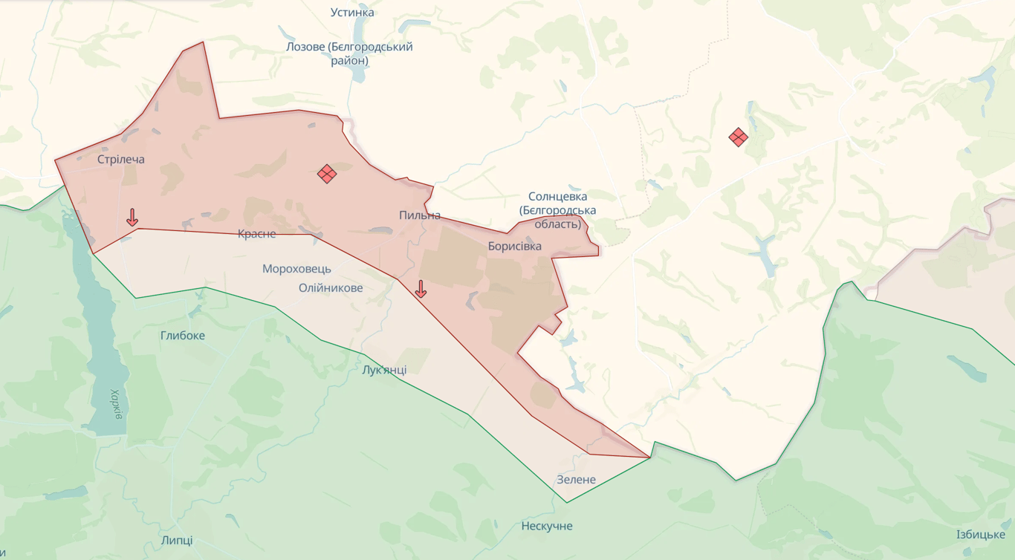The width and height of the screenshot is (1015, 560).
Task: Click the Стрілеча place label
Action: coord(121,160)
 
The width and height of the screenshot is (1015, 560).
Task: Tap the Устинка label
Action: coord(352,13)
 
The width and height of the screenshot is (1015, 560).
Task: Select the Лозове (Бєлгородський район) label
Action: coord(349,53)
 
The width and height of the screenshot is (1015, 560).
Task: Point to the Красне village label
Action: coord(257,234)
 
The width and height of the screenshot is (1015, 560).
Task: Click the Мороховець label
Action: coord(296,269)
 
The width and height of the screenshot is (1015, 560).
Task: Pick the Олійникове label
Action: coord(331,287)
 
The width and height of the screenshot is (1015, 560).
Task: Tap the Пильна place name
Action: coord(420,215)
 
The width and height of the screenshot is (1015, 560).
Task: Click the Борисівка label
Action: coord(515,246)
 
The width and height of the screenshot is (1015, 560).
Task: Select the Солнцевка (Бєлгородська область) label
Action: coord(558,210)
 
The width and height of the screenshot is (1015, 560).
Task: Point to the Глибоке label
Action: coord(183,336)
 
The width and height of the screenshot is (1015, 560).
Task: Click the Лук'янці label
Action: coord(384,370)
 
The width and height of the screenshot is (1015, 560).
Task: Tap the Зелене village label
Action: coord(577,480)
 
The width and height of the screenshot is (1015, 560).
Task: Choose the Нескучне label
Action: coord(547,527)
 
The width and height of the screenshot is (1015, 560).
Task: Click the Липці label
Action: coord(177,540)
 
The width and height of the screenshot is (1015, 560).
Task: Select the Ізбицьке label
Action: coord(981,535)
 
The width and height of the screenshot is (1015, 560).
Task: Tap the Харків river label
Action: coord(117,404)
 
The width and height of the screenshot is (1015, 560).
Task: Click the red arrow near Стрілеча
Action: coord(132,218)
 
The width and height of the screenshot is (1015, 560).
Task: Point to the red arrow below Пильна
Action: coord(421,289)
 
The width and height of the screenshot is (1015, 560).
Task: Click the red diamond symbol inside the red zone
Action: coord(327,174)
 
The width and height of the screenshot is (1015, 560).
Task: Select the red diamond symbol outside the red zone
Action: coord(738,137)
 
